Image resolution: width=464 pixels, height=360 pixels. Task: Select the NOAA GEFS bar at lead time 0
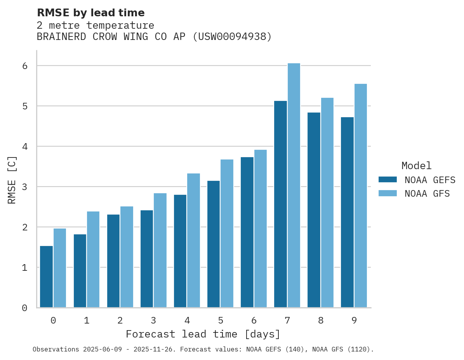[x=47, y=277]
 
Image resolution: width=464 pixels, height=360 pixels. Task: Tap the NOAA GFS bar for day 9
[x=361, y=196]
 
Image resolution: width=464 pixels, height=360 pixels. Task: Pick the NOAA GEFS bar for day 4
[x=180, y=251]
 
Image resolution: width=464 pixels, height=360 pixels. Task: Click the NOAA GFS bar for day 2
[x=127, y=257]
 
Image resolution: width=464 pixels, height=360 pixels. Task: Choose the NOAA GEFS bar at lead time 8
[x=314, y=210]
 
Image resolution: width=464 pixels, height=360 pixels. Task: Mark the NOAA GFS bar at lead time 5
[x=227, y=233]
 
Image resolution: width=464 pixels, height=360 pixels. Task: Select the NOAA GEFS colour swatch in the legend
[x=388, y=180]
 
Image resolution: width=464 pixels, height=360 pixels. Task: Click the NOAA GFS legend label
[x=427, y=194]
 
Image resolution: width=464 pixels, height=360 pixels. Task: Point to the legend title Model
[x=416, y=166]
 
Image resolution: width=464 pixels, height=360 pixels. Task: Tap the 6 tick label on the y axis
[x=24, y=66]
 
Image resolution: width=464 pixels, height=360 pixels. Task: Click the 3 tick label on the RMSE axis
[x=24, y=187]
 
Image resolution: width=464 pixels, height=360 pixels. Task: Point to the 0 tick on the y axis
[x=24, y=308]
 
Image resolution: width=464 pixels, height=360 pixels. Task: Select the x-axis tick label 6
[x=254, y=321]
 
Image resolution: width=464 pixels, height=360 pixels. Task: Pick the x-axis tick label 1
[x=87, y=321]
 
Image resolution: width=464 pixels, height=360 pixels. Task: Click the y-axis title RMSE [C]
[x=12, y=180]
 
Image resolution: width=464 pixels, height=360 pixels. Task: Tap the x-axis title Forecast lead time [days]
[x=203, y=334]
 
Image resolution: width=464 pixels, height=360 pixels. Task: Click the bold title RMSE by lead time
[x=91, y=13]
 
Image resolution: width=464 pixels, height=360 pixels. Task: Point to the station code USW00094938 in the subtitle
[x=233, y=37]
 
